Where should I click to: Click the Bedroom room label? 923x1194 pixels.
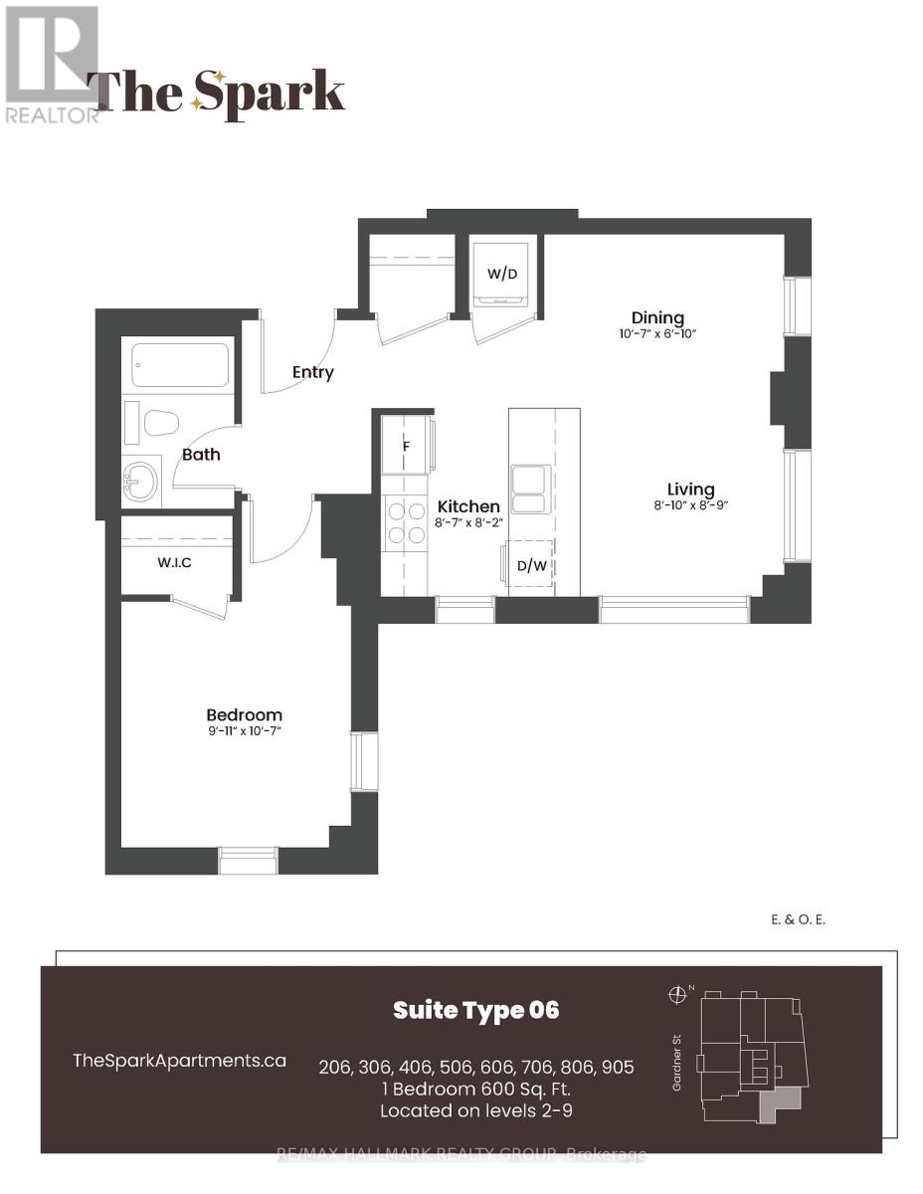(245, 714)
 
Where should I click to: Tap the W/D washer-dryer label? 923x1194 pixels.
(502, 273)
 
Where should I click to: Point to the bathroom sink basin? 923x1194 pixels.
(140, 481)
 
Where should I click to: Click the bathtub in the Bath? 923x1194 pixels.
(180, 365)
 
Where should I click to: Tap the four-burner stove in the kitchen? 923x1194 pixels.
(407, 522)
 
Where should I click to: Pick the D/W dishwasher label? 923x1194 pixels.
(531, 565)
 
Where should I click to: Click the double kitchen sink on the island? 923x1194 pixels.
(530, 489)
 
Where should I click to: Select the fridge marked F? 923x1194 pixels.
(408, 446)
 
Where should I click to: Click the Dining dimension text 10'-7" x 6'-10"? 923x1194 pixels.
(657, 333)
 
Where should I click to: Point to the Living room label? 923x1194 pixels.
(690, 489)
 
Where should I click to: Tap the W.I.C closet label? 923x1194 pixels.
(175, 562)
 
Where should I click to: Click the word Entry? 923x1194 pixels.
(313, 372)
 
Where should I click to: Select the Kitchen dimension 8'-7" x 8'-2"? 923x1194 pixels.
(468, 522)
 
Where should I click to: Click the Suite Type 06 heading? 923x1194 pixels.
(476, 1010)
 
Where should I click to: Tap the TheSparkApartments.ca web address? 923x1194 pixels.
(180, 1061)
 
